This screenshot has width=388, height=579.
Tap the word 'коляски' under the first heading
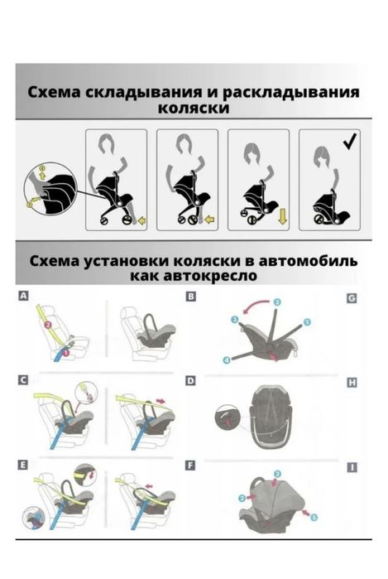(194, 108)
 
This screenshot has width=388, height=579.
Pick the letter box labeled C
(22, 380)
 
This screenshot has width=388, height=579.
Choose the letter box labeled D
(192, 381)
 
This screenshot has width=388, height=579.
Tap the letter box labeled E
(22, 465)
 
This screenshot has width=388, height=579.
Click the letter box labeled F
(192, 465)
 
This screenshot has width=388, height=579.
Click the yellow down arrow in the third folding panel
(282, 217)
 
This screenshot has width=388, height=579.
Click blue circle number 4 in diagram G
(226, 359)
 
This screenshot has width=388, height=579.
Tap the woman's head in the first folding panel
(106, 147)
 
